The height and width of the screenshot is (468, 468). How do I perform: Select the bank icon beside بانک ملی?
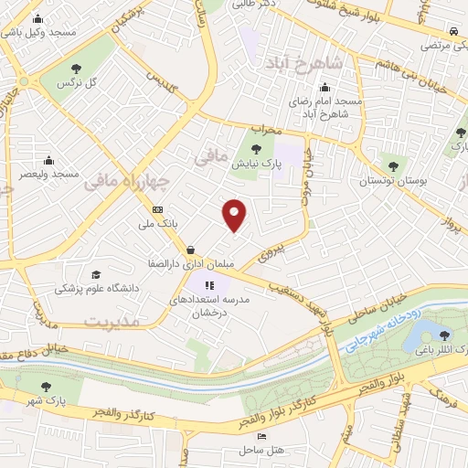click(x=158, y=210)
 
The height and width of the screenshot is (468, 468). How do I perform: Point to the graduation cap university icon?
click(x=95, y=273)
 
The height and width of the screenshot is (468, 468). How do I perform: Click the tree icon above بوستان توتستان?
click(x=394, y=166)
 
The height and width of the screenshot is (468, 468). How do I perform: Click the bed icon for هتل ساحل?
click(x=261, y=438)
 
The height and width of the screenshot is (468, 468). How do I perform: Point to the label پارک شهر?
click(x=48, y=403)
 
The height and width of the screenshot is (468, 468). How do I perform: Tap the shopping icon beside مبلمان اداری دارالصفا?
click(x=189, y=249)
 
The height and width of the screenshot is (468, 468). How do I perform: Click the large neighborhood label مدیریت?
click(x=111, y=322)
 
